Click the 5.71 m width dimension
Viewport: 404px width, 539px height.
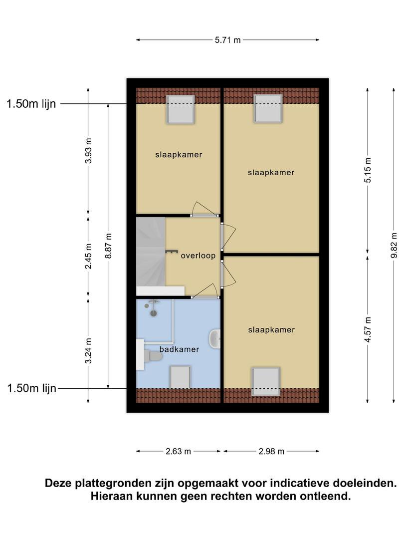228,40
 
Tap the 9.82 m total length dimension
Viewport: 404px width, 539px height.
394,245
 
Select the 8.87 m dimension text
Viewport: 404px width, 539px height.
108,246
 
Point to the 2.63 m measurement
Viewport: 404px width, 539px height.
178,451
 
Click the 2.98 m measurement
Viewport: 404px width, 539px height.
271,451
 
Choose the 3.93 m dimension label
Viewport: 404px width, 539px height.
88,151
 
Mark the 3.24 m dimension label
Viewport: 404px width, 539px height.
88,351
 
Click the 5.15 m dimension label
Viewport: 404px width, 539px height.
368,170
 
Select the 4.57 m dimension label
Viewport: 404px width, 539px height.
368,329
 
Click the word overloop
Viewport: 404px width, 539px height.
198,256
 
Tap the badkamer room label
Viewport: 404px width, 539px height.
180,349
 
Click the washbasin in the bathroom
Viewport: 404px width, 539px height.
214,338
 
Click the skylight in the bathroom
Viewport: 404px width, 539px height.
180,377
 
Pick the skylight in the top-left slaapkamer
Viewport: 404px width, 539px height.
181,109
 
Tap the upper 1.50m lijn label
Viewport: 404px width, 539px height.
31,104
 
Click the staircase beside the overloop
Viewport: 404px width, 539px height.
151,252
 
